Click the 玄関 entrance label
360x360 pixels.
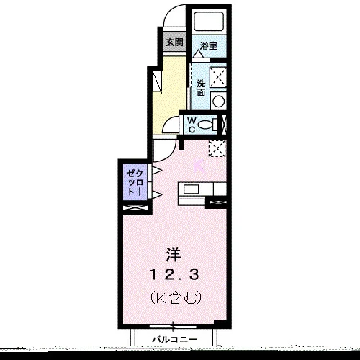[174, 42]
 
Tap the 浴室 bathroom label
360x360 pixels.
[209, 45]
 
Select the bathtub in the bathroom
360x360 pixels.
[209, 22]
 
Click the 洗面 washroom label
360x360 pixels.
[201, 88]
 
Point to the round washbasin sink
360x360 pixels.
[218, 102]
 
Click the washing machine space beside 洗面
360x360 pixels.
[218, 77]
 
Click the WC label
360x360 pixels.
[192, 125]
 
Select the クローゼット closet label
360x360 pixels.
[135, 182]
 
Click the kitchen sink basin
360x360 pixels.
[191, 189]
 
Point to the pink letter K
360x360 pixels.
[199, 166]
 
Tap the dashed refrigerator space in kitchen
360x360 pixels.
[217, 148]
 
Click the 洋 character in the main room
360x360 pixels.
[174, 255]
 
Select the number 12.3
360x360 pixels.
[174, 275]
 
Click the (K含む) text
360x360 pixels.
[176, 298]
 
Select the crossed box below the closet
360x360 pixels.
[135, 208]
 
